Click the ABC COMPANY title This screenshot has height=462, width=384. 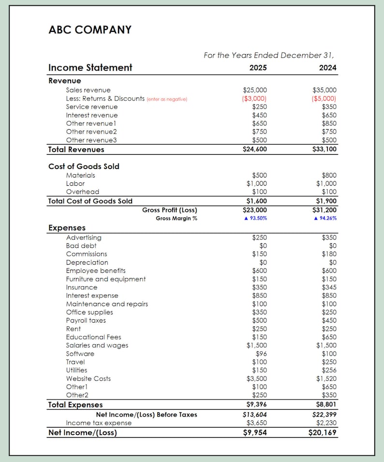point(90,30)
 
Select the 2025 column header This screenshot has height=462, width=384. point(258,68)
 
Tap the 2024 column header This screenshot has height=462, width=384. point(327,68)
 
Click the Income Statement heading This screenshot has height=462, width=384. point(90,68)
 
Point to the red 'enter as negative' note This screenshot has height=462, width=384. point(167,99)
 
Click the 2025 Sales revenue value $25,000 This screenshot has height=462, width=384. point(254,90)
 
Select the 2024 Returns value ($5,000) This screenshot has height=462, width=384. point(325,98)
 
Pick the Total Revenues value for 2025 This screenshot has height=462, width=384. point(254,149)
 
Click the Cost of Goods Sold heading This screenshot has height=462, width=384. point(84,166)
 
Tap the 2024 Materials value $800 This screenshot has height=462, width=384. point(329,175)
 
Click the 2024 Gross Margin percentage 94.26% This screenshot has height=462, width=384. point(325,218)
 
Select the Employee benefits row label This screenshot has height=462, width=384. point(96,270)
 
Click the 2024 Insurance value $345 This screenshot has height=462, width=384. point(329,287)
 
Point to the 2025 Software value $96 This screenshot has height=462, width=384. point(261,354)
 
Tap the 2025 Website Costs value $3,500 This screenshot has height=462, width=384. point(256,378)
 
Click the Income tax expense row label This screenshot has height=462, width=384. point(99,423)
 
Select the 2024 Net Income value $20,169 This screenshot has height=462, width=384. point(323,432)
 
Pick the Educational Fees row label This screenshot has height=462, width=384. point(93,337)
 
